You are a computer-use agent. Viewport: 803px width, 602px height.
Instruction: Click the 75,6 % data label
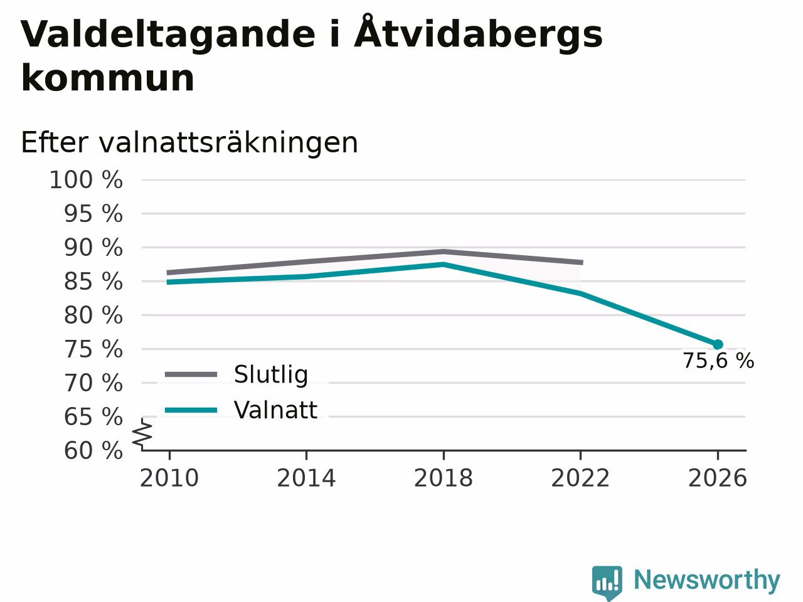(x=718, y=361)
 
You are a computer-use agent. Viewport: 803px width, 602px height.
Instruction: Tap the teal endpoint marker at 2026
(x=718, y=344)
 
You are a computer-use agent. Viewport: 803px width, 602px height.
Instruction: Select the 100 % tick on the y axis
(x=86, y=180)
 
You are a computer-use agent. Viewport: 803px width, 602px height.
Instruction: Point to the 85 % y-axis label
(x=93, y=282)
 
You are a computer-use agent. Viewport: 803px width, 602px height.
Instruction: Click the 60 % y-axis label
(x=93, y=450)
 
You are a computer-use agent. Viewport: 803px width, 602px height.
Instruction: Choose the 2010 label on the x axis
(x=169, y=478)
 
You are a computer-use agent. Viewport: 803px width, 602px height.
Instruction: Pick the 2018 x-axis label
(x=444, y=478)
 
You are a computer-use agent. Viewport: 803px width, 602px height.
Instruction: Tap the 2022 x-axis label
(x=580, y=478)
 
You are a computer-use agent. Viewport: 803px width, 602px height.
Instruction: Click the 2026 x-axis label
(x=718, y=478)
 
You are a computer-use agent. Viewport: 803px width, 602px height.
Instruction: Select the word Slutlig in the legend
(x=271, y=374)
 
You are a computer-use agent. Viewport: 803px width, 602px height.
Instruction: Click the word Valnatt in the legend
(x=275, y=409)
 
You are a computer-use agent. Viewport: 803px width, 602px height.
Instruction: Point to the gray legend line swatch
(x=191, y=374)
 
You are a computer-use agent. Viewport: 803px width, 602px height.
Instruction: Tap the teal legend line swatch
(x=191, y=410)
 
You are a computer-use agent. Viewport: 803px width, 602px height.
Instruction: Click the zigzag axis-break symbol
(x=142, y=435)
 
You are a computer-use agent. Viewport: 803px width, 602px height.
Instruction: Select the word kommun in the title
(x=107, y=78)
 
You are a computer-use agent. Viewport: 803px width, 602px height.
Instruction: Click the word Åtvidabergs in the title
(x=478, y=33)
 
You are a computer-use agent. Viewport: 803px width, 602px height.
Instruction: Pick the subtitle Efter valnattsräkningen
(x=189, y=142)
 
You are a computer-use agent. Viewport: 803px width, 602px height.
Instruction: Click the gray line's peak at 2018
(x=444, y=251)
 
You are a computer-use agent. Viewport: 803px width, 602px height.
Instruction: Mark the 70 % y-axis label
(x=93, y=383)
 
